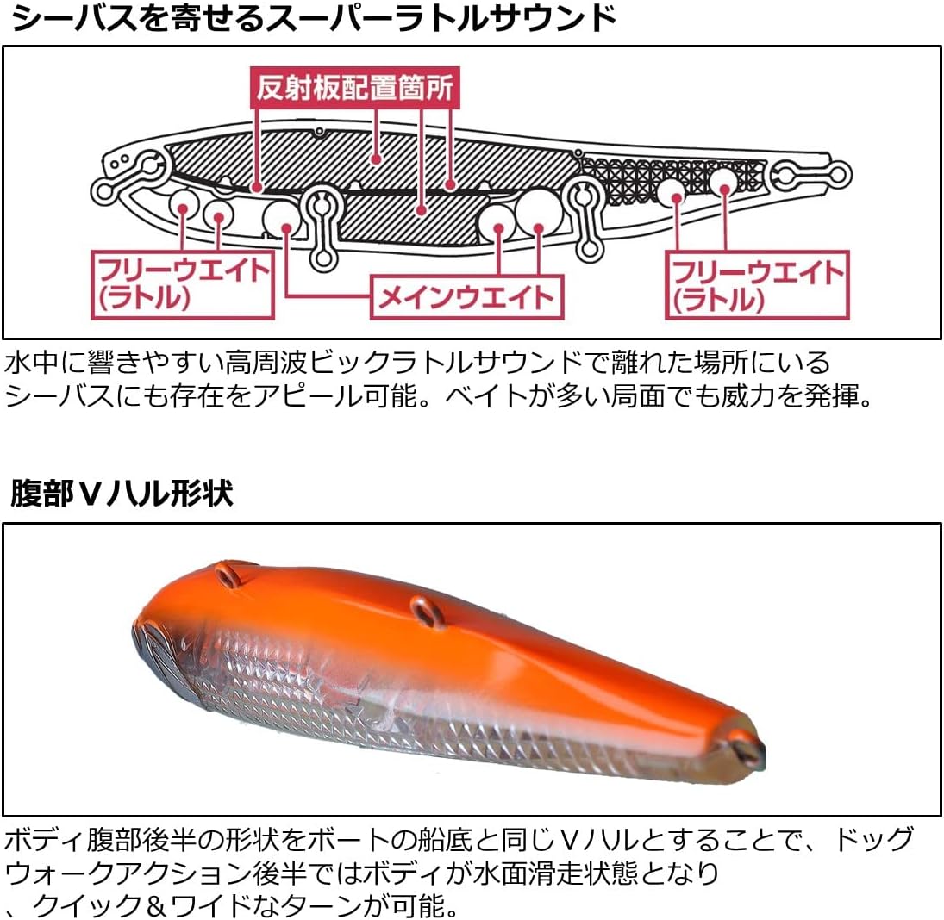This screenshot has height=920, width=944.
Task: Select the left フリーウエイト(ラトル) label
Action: (183, 283)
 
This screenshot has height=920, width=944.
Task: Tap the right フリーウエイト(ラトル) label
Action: (756, 283)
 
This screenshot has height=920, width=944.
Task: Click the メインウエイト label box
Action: (466, 297)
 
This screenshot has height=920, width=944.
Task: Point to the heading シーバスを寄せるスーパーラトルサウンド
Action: (314, 18)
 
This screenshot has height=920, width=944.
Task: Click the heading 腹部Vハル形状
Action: (122, 494)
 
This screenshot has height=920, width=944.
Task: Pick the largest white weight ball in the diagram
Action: (538, 212)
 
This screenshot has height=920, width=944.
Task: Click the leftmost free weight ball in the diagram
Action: (184, 203)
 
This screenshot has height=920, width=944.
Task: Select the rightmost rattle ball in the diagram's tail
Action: (723, 180)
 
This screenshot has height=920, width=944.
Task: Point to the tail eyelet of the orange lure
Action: (750, 745)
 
